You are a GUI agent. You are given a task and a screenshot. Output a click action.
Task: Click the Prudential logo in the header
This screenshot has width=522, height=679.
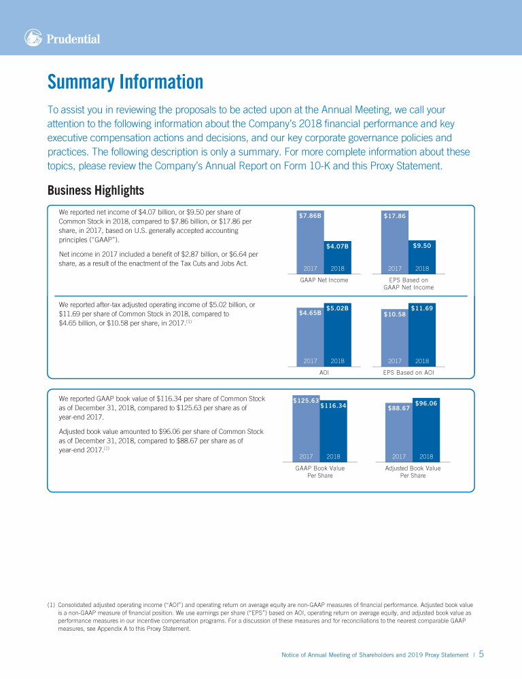tap(62, 39)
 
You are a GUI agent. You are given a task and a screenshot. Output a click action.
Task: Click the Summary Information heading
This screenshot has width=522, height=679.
tap(125, 82)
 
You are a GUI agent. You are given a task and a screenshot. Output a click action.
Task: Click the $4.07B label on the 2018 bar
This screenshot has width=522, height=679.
tap(337, 246)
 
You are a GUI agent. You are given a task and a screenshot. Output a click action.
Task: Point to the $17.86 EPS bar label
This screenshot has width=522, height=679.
tap(395, 216)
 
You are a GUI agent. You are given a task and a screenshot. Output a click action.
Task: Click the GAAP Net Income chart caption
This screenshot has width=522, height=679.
tap(324, 280)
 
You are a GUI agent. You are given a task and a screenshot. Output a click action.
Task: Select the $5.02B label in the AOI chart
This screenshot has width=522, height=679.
tap(337, 308)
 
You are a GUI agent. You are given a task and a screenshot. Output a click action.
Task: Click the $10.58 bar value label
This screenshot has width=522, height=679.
tap(395, 314)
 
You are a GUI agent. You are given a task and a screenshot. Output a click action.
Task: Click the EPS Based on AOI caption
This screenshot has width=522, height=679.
tap(408, 372)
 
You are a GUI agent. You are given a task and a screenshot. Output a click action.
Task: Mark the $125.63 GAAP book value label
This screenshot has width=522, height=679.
tap(306, 401)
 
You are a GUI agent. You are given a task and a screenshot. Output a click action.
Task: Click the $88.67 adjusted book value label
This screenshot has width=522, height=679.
tap(398, 408)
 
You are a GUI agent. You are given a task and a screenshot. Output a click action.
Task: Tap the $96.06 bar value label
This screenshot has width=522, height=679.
tap(425, 403)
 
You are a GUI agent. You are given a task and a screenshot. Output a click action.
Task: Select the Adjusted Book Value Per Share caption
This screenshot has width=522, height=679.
tap(413, 472)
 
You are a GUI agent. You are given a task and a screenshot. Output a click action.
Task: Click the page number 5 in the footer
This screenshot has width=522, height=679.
tap(481, 655)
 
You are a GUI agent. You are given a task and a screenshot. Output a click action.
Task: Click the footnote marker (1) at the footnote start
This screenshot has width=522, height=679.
tap(51, 604)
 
